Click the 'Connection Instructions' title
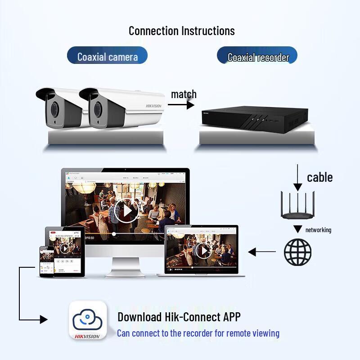181,31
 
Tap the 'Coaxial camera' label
107,57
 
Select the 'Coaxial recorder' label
257,57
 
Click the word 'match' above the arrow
184,94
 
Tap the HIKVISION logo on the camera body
153,106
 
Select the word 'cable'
320,177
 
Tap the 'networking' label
318,230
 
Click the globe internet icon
297,252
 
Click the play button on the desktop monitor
126,210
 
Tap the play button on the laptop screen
203,251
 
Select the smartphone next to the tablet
47,261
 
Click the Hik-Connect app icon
88,320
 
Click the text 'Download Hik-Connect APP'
179,317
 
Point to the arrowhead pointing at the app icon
43,319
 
